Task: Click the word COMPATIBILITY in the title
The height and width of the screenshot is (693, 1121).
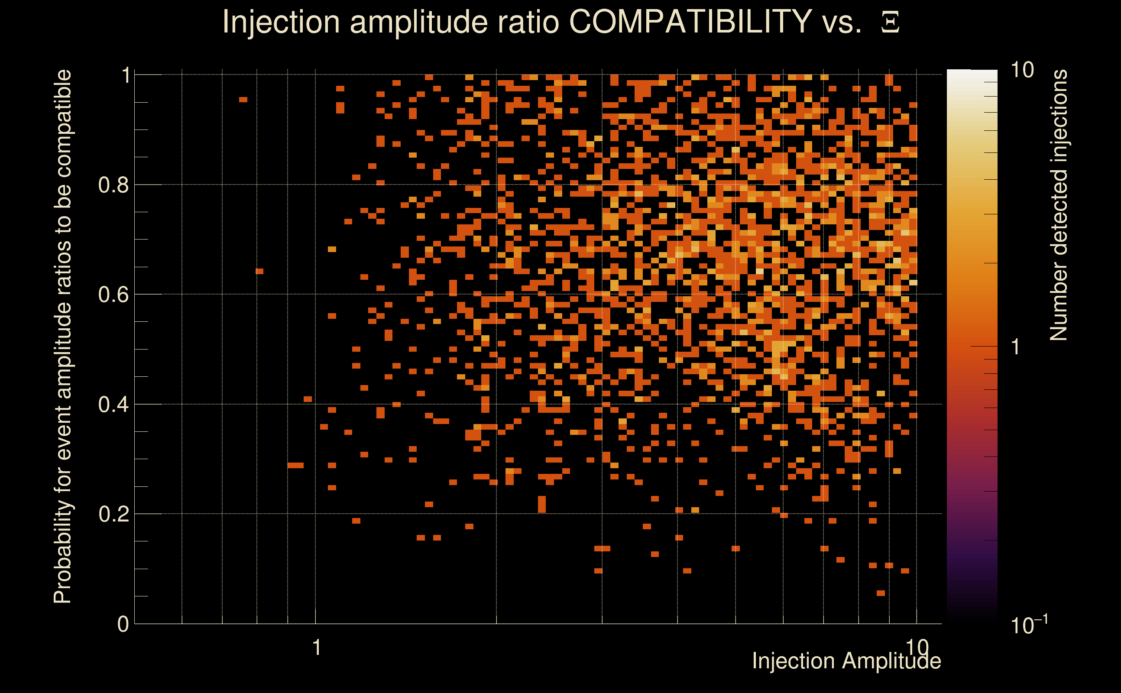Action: pyautogui.click(x=690, y=22)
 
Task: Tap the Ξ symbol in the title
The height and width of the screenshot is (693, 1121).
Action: pyautogui.click(x=890, y=23)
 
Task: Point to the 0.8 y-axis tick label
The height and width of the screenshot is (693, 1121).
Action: pyautogui.click(x=113, y=185)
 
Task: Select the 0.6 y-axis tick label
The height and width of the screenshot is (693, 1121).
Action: pyautogui.click(x=113, y=295)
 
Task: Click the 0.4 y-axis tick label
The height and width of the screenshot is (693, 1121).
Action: pyautogui.click(x=113, y=405)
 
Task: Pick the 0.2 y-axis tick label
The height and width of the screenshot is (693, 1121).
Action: pyautogui.click(x=113, y=514)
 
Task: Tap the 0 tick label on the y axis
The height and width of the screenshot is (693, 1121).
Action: pyautogui.click(x=123, y=624)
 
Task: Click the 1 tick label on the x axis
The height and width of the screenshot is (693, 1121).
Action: pyautogui.click(x=316, y=648)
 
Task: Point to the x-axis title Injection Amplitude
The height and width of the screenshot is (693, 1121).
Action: pyautogui.click(x=846, y=661)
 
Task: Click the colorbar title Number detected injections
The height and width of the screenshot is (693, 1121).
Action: pyautogui.click(x=1059, y=205)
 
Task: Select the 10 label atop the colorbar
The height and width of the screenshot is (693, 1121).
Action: pyautogui.click(x=1022, y=70)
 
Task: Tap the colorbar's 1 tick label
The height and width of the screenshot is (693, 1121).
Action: pyautogui.click(x=1016, y=347)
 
